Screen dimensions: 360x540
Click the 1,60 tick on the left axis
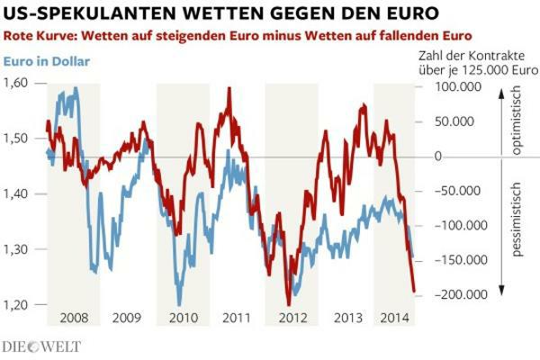(15, 82)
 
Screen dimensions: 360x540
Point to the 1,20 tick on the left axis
(15, 305)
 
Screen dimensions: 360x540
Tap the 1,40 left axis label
(15, 193)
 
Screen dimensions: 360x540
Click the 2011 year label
(236, 318)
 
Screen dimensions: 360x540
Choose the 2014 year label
(395, 318)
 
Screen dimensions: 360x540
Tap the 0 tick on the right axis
(437, 157)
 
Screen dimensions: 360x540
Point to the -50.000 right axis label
(455, 191)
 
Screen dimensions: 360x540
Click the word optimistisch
(516, 119)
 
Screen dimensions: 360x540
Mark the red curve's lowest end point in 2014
(415, 292)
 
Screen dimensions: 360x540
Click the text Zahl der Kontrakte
(460, 57)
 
